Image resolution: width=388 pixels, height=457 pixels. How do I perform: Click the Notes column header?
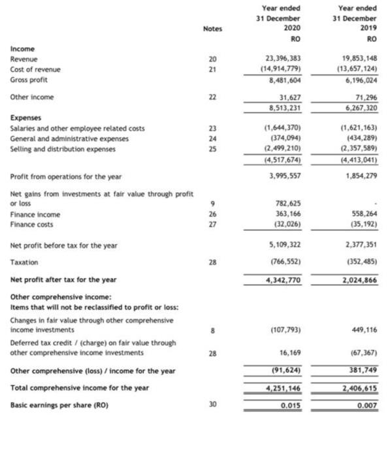tap(212, 29)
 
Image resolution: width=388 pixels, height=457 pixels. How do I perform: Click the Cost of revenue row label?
tap(35, 69)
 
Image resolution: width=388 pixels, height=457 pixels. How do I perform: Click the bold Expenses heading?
tap(25, 119)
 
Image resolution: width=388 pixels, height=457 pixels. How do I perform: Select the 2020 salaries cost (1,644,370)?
tap(284, 129)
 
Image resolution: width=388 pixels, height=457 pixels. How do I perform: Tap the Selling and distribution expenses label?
tap(62, 150)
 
